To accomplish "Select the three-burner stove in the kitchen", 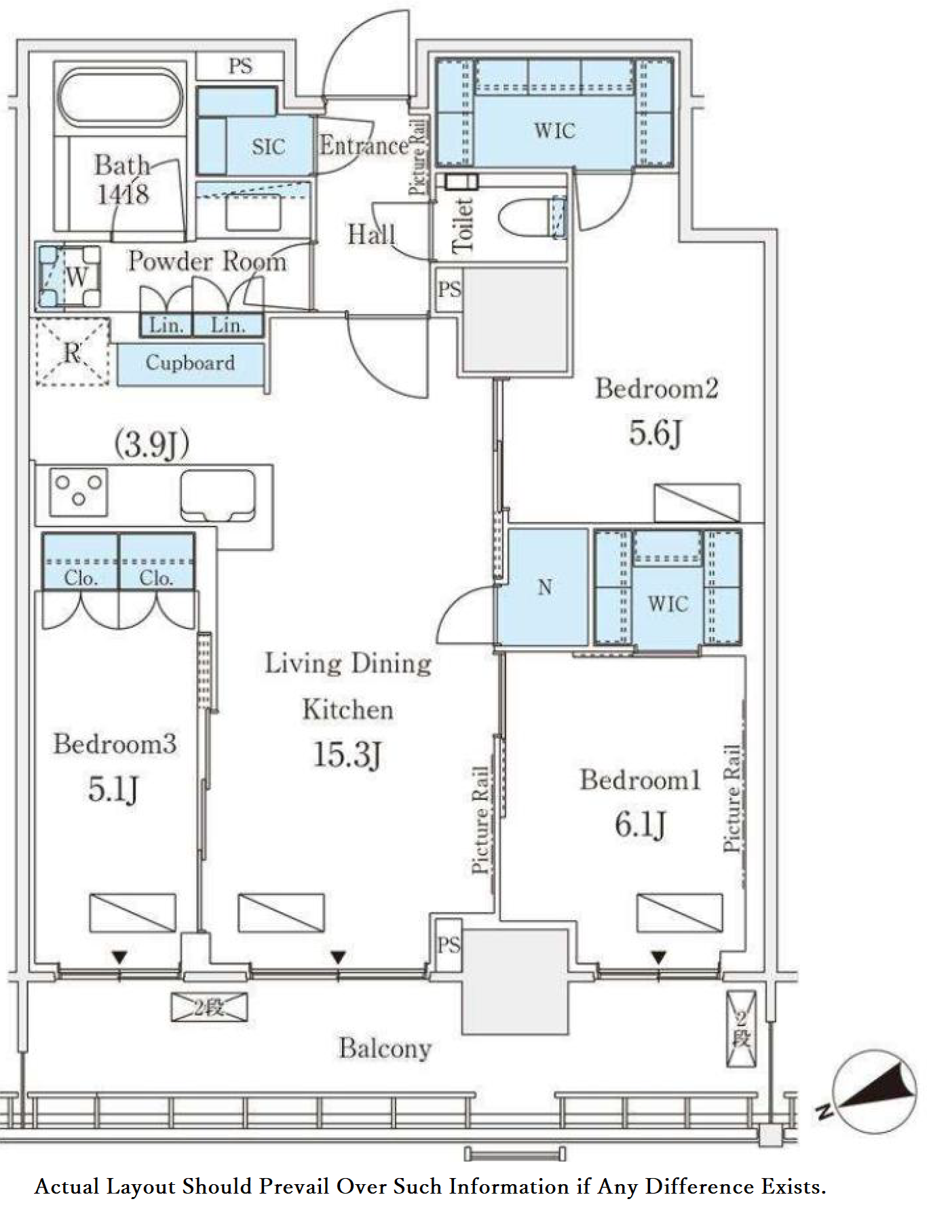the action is [x=79, y=491].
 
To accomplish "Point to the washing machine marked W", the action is [x=70, y=277].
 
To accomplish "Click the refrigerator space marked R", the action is [x=73, y=352].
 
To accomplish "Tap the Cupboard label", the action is [x=190, y=363].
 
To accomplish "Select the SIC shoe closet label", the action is [x=268, y=147].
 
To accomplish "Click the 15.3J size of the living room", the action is [x=347, y=755].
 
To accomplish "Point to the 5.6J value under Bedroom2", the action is [x=655, y=433].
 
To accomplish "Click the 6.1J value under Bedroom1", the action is [x=640, y=824].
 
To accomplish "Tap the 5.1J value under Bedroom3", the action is [x=113, y=789].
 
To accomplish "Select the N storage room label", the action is [x=545, y=587].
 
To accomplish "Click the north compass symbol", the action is [x=875, y=1092].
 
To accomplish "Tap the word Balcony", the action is [x=385, y=1048].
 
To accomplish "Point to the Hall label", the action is [x=371, y=235].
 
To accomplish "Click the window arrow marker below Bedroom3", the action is [x=119, y=957].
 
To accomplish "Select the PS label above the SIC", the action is [x=240, y=67].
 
